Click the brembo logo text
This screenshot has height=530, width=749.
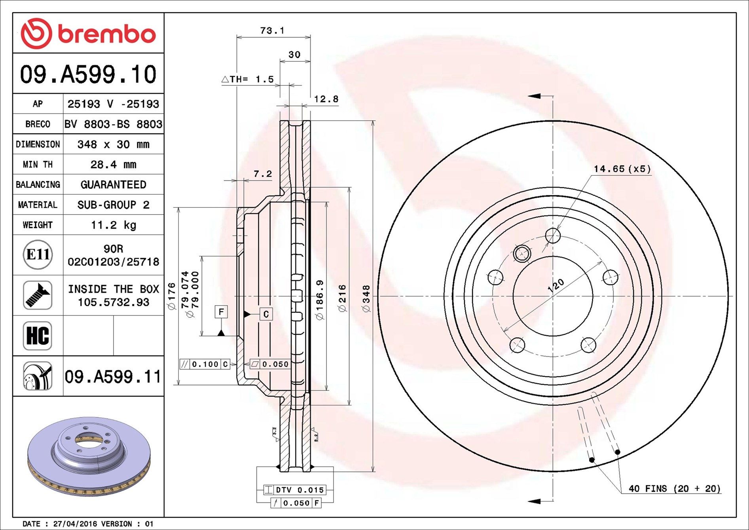[x=106, y=34]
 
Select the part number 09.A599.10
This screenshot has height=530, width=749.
[x=88, y=74]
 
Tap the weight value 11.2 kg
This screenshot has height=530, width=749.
[x=114, y=225]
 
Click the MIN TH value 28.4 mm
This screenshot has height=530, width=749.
[x=114, y=164]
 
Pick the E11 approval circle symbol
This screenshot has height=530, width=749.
[x=38, y=255]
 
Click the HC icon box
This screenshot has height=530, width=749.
[x=38, y=336]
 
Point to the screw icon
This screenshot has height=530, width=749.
[x=38, y=295]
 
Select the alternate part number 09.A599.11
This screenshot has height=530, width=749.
[x=113, y=376]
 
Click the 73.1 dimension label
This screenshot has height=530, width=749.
[x=272, y=30]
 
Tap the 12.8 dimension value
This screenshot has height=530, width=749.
[x=326, y=99]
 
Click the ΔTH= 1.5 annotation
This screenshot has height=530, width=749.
[x=248, y=79]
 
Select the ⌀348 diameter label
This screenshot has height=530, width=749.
[x=366, y=298]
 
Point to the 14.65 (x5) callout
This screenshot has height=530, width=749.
[x=622, y=169]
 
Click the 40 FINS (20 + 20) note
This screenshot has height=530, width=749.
[x=675, y=488]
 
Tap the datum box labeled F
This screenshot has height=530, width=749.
[x=221, y=312]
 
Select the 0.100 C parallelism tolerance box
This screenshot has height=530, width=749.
[x=205, y=364]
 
